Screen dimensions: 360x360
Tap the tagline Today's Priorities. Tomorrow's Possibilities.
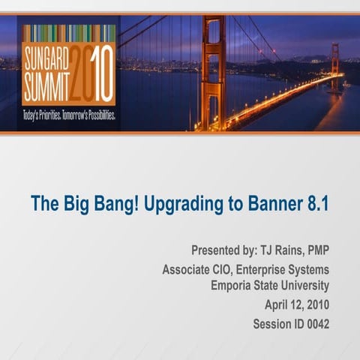coord(68,118)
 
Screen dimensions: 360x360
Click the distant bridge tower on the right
coord(334,67)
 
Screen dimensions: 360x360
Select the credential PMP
coord(316,250)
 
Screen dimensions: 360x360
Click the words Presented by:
coord(222,250)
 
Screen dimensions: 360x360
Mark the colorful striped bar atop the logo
coord(68,33)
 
